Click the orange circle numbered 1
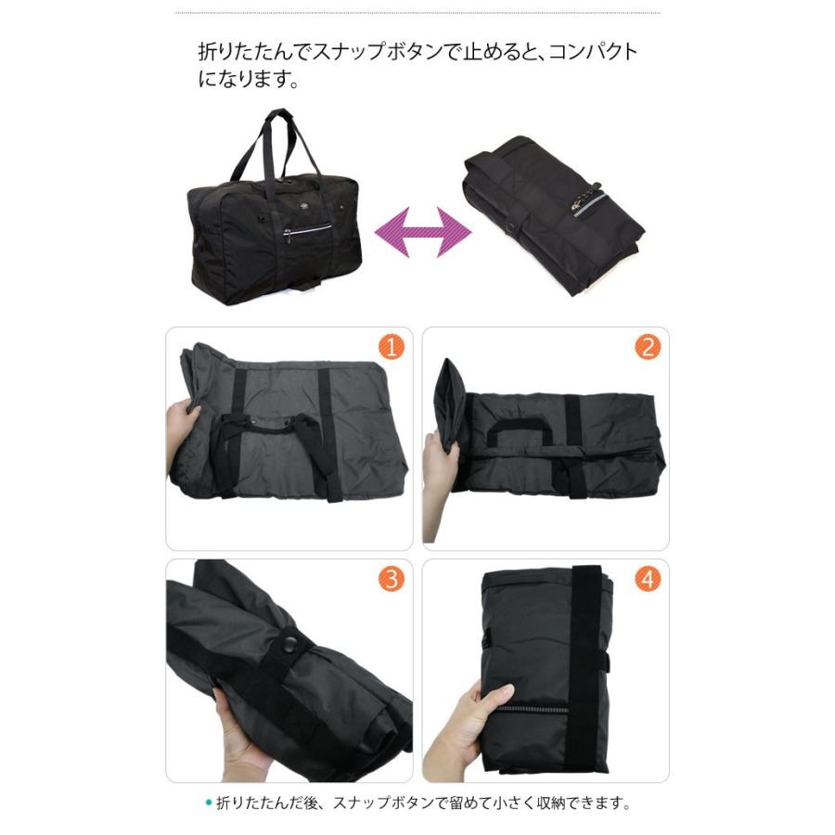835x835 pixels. point(391,348)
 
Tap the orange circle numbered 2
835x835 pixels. point(648,348)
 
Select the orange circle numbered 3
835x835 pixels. point(391,580)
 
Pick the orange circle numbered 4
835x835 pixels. point(648,580)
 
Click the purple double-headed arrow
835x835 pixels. point(423,232)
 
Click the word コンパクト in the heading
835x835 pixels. point(593,52)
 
